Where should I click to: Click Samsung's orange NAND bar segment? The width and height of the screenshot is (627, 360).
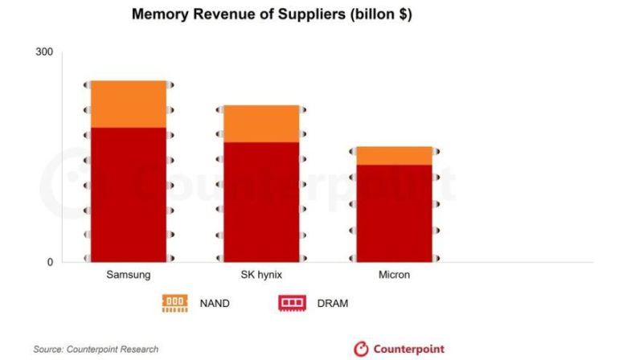pyautogui.click(x=129, y=104)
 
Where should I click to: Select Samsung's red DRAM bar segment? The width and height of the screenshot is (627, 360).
pyautogui.click(x=129, y=193)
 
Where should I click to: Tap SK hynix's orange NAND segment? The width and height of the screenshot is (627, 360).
pyautogui.click(x=261, y=124)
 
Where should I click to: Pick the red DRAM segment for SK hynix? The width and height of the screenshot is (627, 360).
pyautogui.click(x=261, y=201)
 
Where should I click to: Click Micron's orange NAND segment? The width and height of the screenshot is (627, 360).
pyautogui.click(x=394, y=155)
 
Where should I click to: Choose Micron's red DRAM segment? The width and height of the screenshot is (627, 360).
pyautogui.click(x=394, y=212)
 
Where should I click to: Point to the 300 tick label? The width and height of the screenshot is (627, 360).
pyautogui.click(x=44, y=52)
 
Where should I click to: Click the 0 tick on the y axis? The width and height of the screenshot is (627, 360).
pyautogui.click(x=49, y=263)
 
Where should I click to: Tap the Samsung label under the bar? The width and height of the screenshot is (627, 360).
pyautogui.click(x=129, y=275)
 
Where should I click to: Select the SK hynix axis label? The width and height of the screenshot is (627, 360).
pyautogui.click(x=261, y=275)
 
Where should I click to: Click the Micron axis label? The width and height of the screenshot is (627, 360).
pyautogui.click(x=394, y=275)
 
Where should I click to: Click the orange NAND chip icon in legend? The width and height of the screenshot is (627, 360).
pyautogui.click(x=174, y=303)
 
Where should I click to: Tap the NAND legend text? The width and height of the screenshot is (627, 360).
pyautogui.click(x=215, y=303)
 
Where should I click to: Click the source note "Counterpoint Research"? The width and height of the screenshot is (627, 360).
pyautogui.click(x=113, y=349)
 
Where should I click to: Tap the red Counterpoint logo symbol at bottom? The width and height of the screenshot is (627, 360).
pyautogui.click(x=362, y=349)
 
